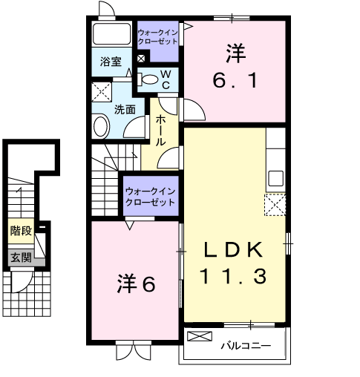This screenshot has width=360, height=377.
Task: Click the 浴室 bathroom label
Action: [x=111, y=62]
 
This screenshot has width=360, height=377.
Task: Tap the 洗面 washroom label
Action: [x=124, y=108]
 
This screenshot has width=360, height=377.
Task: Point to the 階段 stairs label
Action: [x=21, y=230]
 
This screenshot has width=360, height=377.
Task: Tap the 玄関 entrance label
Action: [x=21, y=258]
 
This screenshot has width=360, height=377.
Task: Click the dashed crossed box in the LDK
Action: [x=275, y=204]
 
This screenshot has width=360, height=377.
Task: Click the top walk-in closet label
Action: [x=157, y=37]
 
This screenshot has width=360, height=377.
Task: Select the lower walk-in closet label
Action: [x=151, y=197]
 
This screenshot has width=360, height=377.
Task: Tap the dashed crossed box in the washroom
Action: [x=102, y=92]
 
